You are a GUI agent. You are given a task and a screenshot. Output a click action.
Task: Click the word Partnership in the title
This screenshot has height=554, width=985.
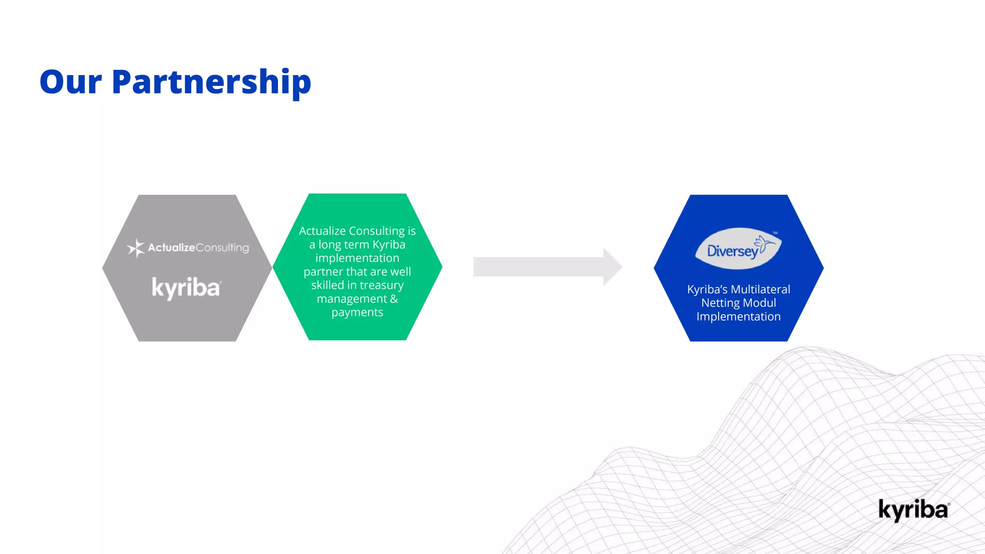point(212,83)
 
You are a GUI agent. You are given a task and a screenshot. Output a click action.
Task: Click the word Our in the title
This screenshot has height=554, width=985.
point(71,82)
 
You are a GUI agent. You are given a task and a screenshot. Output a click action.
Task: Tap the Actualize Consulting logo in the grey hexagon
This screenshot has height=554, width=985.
point(188,248)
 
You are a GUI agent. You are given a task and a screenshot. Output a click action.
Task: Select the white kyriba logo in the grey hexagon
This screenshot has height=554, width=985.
point(186,288)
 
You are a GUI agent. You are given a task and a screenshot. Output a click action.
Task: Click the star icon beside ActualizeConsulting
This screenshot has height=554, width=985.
point(136,248)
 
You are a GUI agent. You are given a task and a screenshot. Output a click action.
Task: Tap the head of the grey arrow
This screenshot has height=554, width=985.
point(613,267)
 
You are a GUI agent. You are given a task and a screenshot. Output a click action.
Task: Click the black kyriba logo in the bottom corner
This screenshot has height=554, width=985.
point(914,510)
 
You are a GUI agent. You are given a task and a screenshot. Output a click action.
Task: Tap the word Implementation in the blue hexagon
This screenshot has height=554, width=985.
point(739,317)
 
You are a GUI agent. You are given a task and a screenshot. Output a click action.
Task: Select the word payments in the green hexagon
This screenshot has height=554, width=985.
point(357,313)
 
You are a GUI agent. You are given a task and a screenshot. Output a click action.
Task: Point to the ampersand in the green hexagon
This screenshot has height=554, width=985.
point(394,299)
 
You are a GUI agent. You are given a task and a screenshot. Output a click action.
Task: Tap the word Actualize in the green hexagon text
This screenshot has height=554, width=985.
point(322,231)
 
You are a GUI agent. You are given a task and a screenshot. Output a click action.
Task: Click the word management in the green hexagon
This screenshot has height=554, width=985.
point(352,299)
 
